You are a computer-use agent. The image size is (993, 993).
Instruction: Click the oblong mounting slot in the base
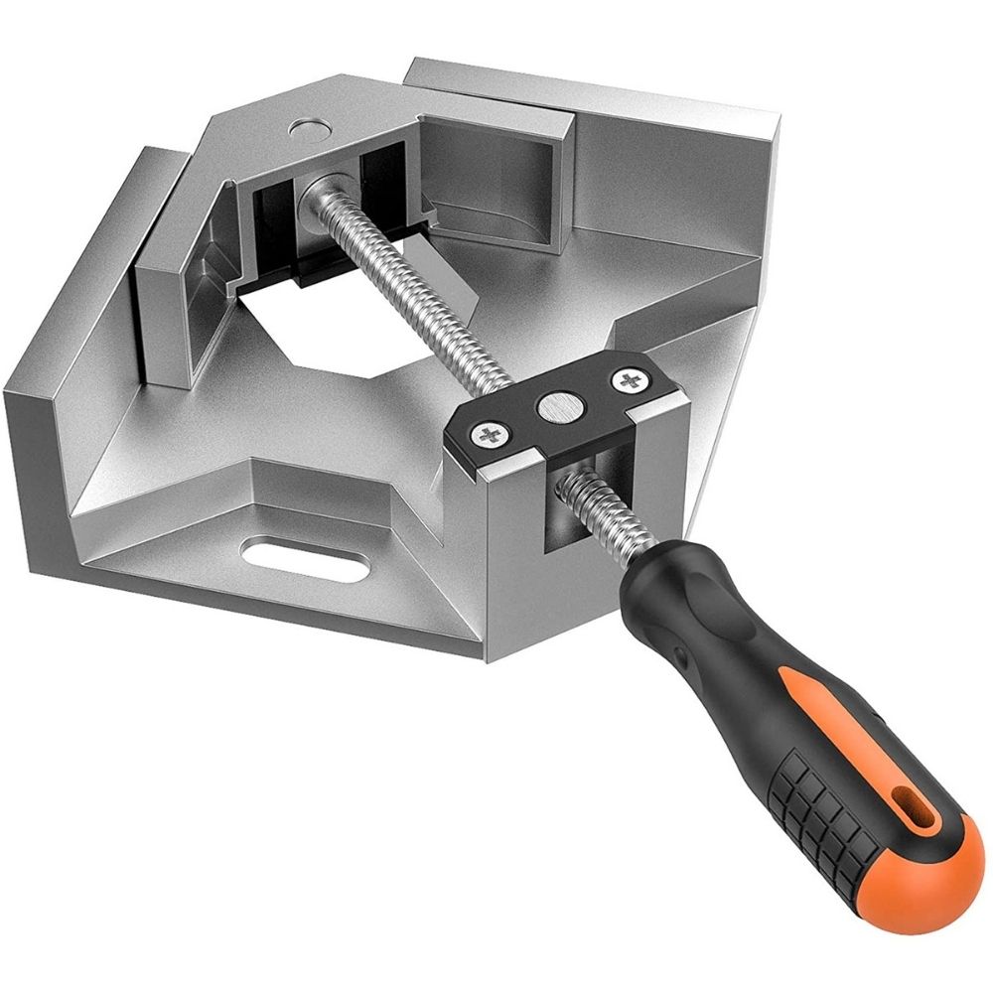point(310,566)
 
